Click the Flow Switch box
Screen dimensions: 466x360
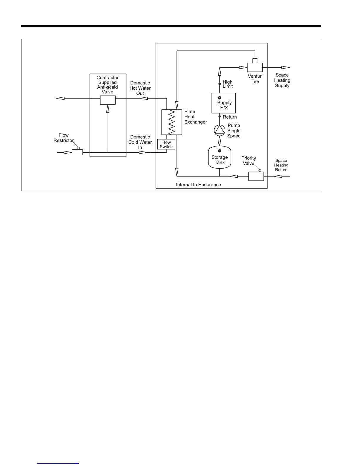[166, 144]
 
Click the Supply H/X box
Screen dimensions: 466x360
[224, 103]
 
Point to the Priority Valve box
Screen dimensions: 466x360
[256, 176]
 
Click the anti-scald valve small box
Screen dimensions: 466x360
[108, 100]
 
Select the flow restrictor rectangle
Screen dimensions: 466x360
[77, 152]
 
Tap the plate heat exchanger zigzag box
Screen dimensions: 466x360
[172, 122]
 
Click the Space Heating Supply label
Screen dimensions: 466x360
[282, 80]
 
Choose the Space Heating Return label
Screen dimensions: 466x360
[281, 165]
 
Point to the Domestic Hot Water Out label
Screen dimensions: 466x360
[140, 88]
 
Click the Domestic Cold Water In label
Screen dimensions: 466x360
[140, 142]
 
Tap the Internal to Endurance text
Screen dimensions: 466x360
[198, 185]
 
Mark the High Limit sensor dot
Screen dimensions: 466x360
[220, 84]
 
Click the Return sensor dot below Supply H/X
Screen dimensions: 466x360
[220, 116]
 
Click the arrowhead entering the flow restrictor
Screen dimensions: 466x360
[68, 152]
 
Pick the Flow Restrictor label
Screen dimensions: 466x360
[64, 138]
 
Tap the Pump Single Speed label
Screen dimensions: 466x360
[234, 131]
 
